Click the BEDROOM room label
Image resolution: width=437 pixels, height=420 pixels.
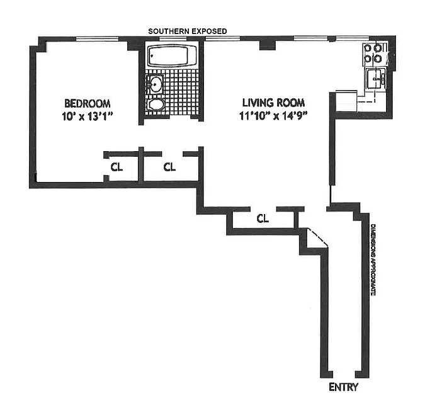(x=88, y=103)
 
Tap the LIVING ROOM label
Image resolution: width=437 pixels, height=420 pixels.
(x=273, y=103)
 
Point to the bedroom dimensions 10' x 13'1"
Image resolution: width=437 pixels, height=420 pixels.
(x=87, y=116)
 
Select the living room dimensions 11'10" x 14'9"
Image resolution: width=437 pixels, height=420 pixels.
(x=273, y=116)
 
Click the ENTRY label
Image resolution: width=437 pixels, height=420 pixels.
(x=343, y=387)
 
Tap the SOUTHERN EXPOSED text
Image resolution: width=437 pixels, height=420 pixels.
(x=188, y=31)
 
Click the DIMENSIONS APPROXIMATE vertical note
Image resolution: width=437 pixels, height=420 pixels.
(x=373, y=260)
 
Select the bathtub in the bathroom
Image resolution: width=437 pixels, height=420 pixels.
(x=172, y=56)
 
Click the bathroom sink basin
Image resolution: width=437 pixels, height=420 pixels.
(x=155, y=84)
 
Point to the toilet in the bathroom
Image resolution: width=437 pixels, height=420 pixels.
(x=156, y=105)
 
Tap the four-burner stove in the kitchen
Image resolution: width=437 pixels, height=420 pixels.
(x=373, y=54)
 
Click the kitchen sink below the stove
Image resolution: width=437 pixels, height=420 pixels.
(x=375, y=79)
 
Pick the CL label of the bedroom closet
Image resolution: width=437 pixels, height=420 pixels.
(x=116, y=167)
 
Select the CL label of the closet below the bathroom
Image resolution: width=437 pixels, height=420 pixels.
(x=169, y=167)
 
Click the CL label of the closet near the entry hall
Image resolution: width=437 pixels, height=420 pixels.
(x=263, y=219)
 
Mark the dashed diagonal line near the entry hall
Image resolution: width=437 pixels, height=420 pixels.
(x=317, y=237)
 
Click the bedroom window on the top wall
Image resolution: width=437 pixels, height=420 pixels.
(x=98, y=39)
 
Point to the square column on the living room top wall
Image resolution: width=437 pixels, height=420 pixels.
(x=268, y=45)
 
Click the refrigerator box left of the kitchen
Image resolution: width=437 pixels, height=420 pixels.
(x=346, y=101)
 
